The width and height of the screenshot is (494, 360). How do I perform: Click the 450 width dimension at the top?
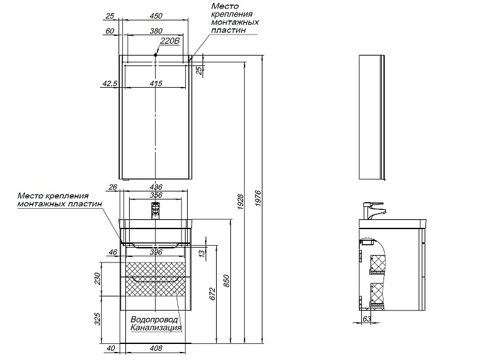(x=156, y=15)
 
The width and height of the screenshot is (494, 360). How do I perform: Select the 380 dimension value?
(x=156, y=30)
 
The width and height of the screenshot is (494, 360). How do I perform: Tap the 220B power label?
(x=169, y=41)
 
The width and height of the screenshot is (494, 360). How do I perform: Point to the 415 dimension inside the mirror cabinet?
(x=156, y=83)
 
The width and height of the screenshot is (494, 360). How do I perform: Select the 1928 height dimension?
(x=241, y=201)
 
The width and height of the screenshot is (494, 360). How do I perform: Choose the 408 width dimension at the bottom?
(x=156, y=348)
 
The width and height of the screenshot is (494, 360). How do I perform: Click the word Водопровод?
(x=154, y=320)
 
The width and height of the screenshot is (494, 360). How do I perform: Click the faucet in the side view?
(x=373, y=210)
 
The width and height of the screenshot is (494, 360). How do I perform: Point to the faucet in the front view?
(x=156, y=211)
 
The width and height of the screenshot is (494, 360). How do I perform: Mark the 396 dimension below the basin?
(x=156, y=252)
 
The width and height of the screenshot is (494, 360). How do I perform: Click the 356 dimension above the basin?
(x=156, y=196)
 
